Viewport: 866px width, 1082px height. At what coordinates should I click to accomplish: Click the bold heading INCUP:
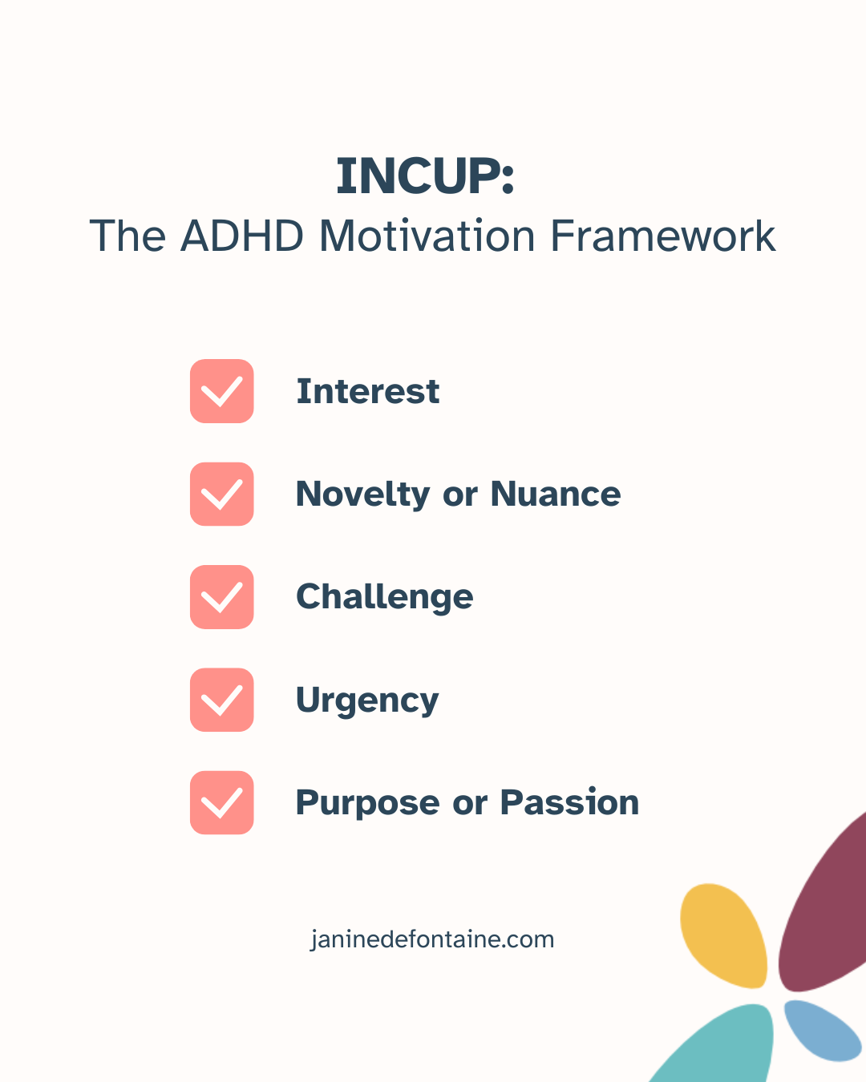425,176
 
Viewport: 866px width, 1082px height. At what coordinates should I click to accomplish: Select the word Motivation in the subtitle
427,236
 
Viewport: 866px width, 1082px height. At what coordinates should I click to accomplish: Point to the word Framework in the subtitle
663,236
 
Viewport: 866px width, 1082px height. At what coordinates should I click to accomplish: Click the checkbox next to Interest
222,391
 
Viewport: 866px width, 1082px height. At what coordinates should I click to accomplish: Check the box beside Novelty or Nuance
222,495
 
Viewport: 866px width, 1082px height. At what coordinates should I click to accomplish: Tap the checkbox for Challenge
222,597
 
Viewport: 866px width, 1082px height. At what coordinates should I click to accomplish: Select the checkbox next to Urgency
222,700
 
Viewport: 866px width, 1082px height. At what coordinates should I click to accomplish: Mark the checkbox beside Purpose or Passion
222,803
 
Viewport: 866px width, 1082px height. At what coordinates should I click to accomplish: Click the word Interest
368,392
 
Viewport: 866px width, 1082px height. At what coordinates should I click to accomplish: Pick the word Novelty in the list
362,495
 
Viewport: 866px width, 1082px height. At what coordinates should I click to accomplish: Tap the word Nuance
556,495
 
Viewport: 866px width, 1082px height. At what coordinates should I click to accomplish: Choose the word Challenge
385,598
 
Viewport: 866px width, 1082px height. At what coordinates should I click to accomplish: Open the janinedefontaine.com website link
432,939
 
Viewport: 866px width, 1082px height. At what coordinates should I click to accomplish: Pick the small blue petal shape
821,1030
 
